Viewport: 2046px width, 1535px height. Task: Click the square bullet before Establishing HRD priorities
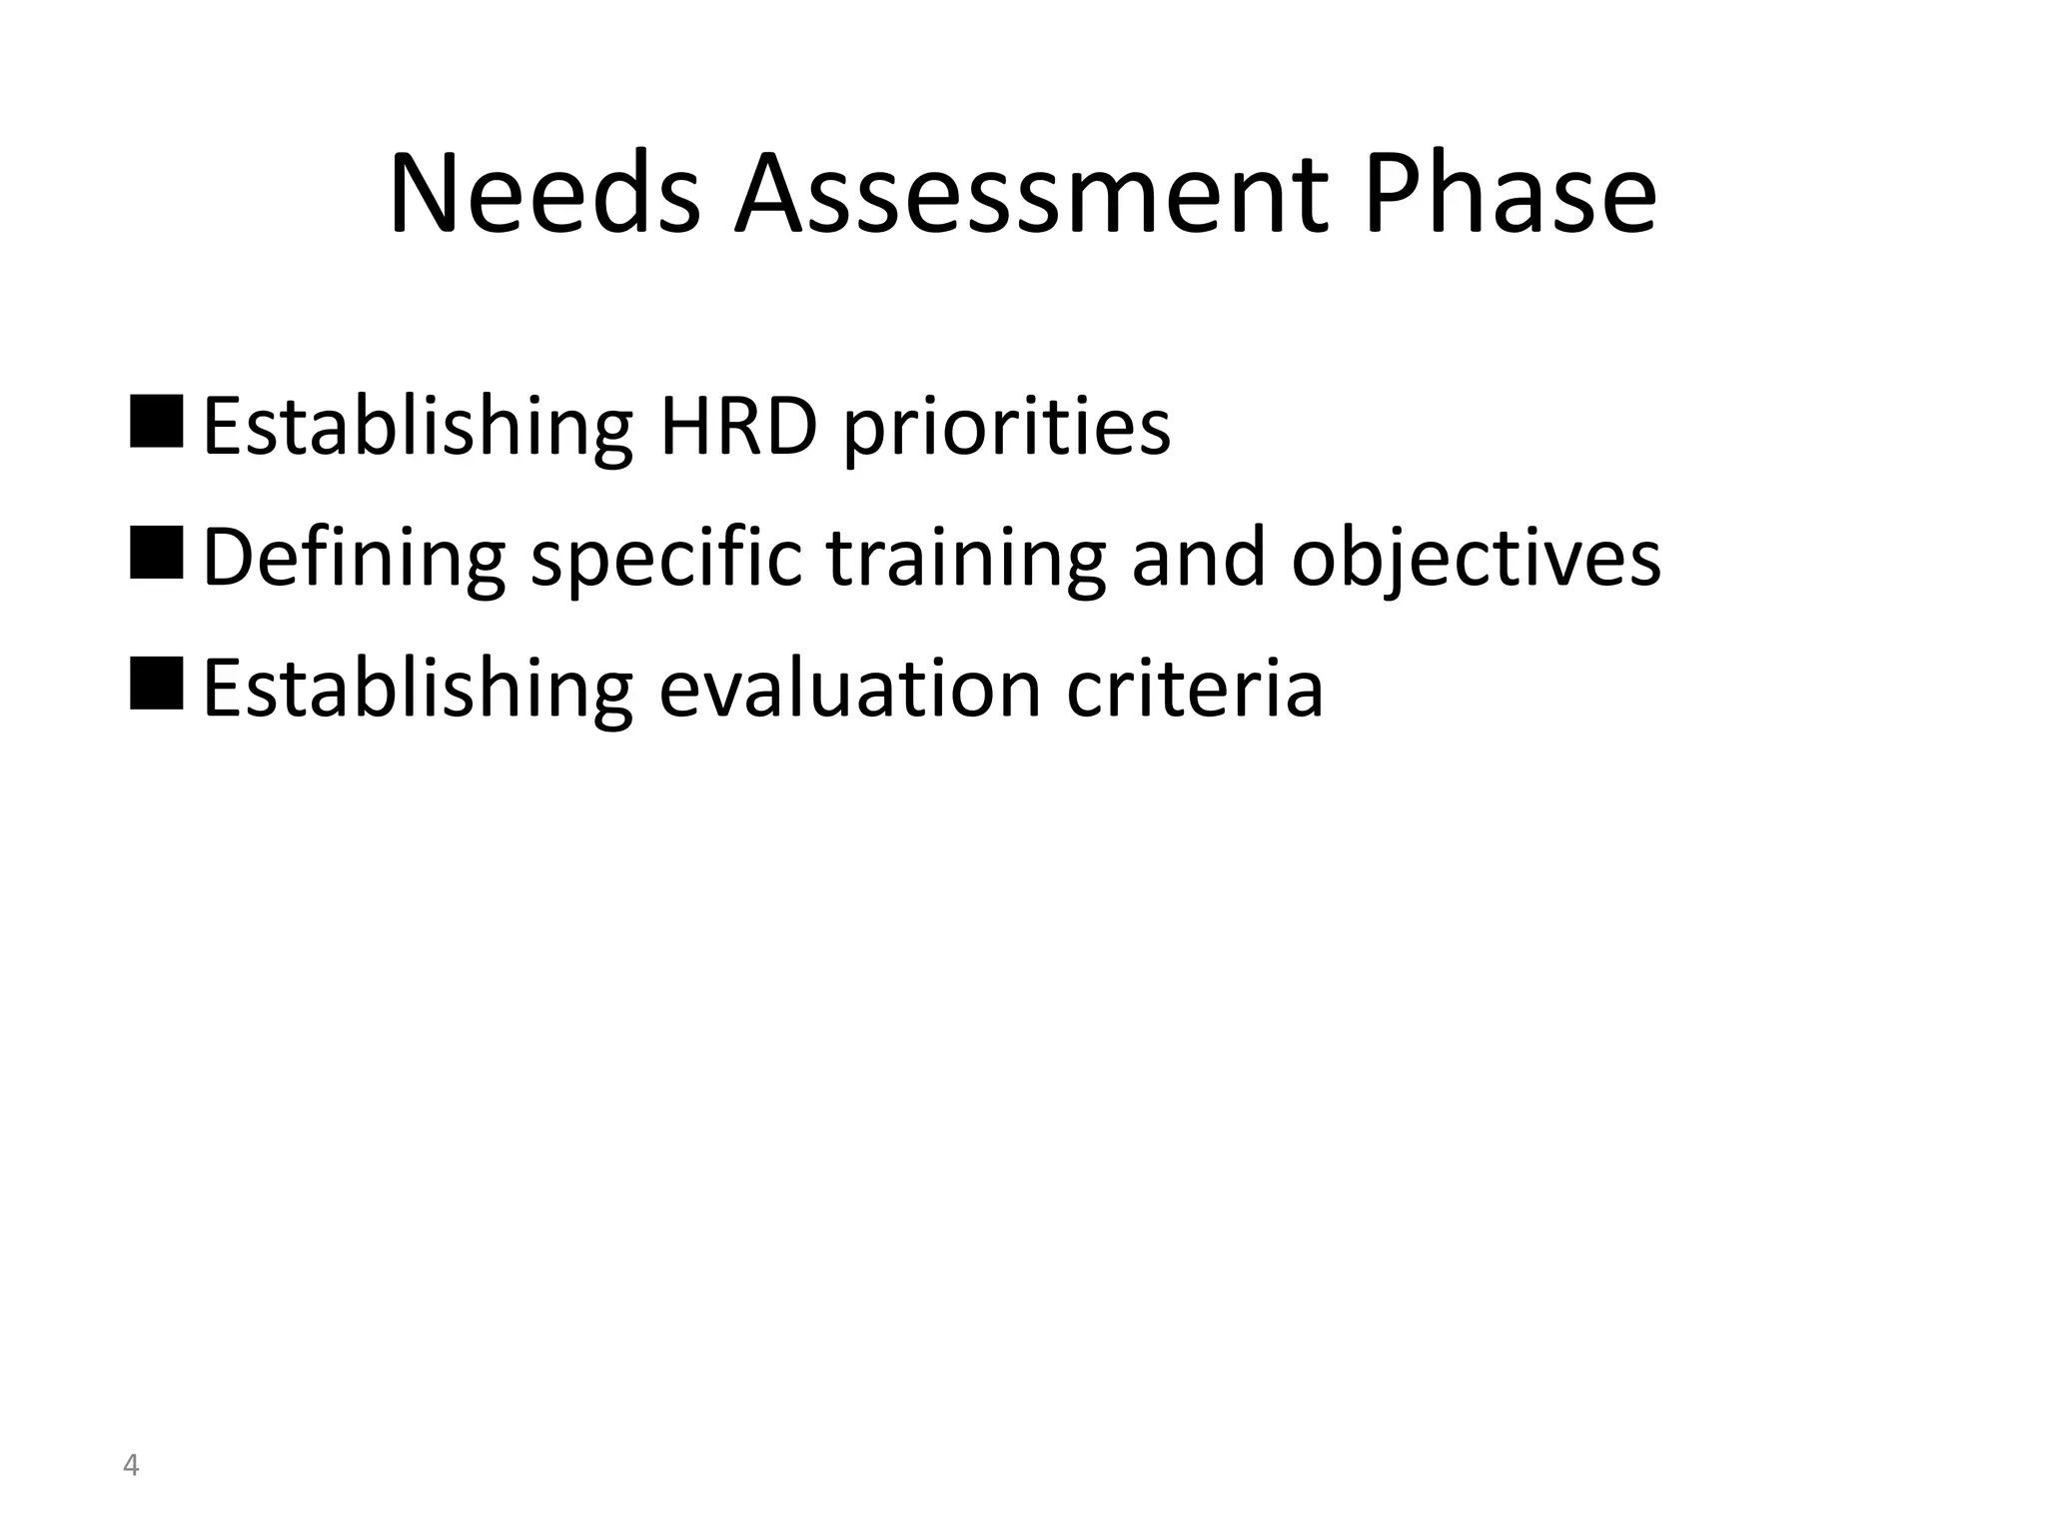pyautogui.click(x=157, y=422)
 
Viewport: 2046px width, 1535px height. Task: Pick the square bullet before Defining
pyautogui.click(x=157, y=553)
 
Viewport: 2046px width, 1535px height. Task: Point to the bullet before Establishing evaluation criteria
pyautogui.click(x=157, y=684)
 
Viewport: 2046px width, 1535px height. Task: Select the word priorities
pyautogui.click(x=1007, y=430)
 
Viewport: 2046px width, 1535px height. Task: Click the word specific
pyautogui.click(x=666, y=560)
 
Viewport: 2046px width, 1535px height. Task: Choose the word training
pyautogui.click(x=967, y=560)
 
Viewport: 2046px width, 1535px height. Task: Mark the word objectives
pyautogui.click(x=1477, y=560)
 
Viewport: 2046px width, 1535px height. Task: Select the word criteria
pyautogui.click(x=1195, y=689)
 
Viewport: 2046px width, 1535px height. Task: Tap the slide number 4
pyautogui.click(x=130, y=1466)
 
